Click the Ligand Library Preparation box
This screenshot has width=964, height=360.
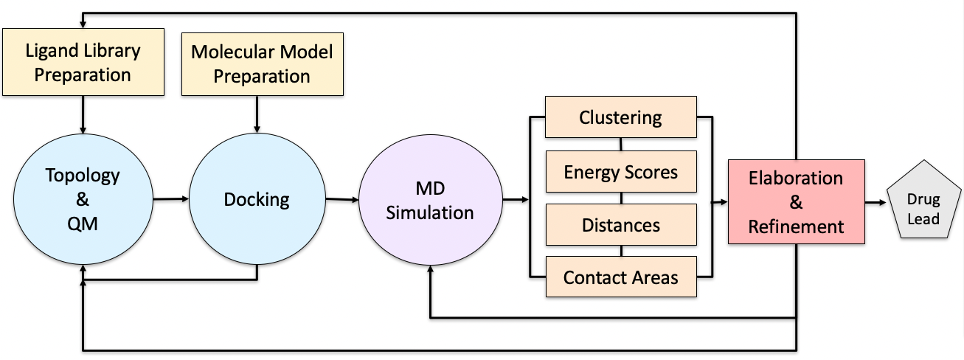coord(83,62)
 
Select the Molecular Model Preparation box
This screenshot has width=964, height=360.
coord(263,64)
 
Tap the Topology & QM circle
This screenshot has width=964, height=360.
coord(83,199)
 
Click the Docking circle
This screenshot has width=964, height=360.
coord(257,199)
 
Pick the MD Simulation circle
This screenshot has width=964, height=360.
coord(430,200)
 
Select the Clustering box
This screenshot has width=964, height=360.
coord(620,117)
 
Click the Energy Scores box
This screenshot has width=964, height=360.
coord(621,171)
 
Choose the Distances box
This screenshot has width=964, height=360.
coord(621,225)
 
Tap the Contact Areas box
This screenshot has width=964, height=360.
coord(621,277)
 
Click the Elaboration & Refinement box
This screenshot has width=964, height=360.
coord(796,202)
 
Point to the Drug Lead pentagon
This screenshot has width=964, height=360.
coord(923,200)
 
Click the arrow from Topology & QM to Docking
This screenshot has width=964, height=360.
coord(171,199)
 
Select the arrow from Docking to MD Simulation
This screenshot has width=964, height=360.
coord(342,199)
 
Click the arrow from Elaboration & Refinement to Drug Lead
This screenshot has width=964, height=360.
coord(875,202)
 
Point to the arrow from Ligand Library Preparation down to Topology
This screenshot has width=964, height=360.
coord(83,114)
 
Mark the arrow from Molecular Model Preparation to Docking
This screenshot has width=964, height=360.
coord(257,114)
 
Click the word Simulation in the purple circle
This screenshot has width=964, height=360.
coord(429,212)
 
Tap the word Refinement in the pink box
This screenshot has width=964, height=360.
coord(796,226)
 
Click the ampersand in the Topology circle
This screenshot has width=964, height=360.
coord(83,199)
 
